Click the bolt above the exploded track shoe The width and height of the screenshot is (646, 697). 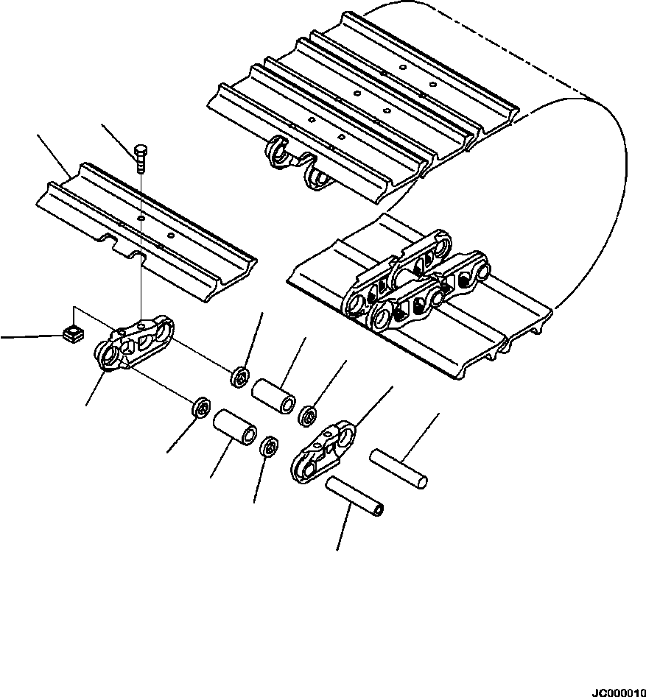pos(141,158)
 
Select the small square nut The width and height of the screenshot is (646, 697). pos(71,335)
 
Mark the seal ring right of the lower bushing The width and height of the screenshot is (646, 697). pos(270,446)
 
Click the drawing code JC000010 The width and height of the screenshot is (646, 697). pos(617,691)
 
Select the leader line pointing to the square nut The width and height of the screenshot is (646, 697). pos(29,337)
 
